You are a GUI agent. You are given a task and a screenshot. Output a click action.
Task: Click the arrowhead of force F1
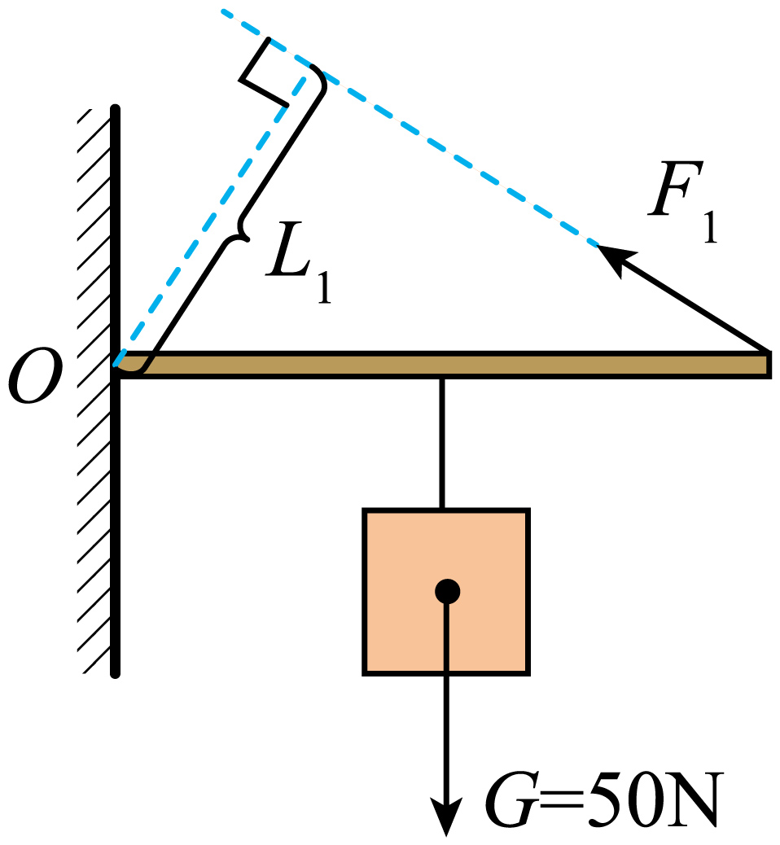616,258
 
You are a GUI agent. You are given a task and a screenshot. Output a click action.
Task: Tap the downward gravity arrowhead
446,816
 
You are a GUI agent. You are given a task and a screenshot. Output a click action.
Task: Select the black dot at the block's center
448,591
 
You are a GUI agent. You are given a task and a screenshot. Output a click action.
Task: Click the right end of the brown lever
768,365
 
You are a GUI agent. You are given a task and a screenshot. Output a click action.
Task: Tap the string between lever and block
442,444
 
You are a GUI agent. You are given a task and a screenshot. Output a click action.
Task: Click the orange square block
446,591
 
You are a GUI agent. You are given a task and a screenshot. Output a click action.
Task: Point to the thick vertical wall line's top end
115,108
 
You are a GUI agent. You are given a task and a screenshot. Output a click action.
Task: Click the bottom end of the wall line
115,673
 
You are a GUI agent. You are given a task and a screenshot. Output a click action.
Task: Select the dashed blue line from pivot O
210,221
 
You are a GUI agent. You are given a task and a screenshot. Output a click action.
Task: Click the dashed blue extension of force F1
410,129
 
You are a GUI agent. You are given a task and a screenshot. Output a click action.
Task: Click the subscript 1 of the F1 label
711,227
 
